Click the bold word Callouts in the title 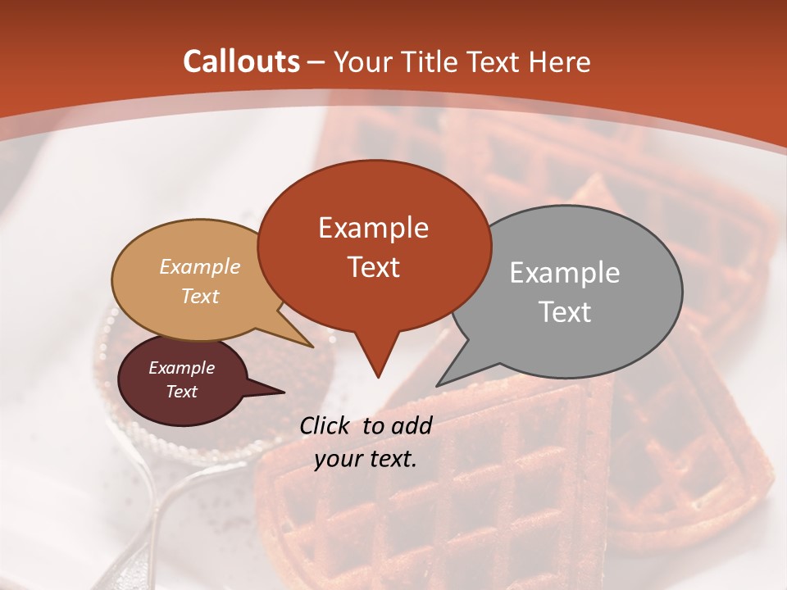coord(242,61)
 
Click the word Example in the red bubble coord(373,228)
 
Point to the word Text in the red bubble coord(373,267)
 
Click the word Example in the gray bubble coord(565,273)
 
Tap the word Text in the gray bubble coord(565,312)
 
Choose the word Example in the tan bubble coord(200,266)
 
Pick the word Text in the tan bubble coord(200,296)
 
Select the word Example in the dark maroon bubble coord(182,368)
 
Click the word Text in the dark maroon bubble coord(182,392)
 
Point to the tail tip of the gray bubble coord(438,385)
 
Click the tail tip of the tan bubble coord(312,347)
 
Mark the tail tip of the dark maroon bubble coord(284,392)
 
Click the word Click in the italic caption coord(325,425)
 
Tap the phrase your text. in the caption coord(366,459)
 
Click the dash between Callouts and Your coord(317,62)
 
